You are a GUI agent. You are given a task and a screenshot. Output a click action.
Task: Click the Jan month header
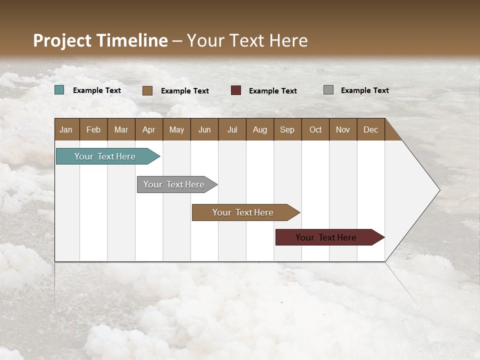[66, 129]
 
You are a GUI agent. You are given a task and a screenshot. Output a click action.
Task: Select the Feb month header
[93, 129]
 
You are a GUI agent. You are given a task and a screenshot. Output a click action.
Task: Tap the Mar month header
[121, 129]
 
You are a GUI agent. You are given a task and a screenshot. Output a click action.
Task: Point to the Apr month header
[149, 129]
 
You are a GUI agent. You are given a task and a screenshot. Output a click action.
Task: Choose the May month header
[176, 129]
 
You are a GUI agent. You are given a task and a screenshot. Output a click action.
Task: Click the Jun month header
[204, 129]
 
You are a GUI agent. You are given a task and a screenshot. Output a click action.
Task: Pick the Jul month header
[232, 129]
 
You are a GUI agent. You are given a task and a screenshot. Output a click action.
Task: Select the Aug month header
[260, 129]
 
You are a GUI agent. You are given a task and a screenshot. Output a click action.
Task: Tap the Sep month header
[287, 129]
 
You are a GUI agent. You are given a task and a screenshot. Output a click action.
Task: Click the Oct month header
[315, 129]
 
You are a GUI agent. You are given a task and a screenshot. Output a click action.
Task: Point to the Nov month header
[343, 129]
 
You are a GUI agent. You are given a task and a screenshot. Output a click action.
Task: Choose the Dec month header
[371, 129]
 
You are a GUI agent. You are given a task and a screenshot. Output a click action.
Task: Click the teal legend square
[59, 90]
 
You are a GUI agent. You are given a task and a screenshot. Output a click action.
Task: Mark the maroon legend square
[236, 90]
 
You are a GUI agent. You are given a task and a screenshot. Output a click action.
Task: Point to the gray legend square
[328, 90]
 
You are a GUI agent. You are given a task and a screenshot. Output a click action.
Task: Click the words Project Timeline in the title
[100, 40]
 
